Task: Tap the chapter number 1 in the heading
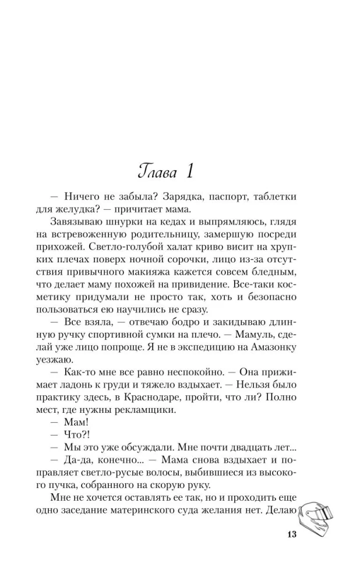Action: coord(190,171)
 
